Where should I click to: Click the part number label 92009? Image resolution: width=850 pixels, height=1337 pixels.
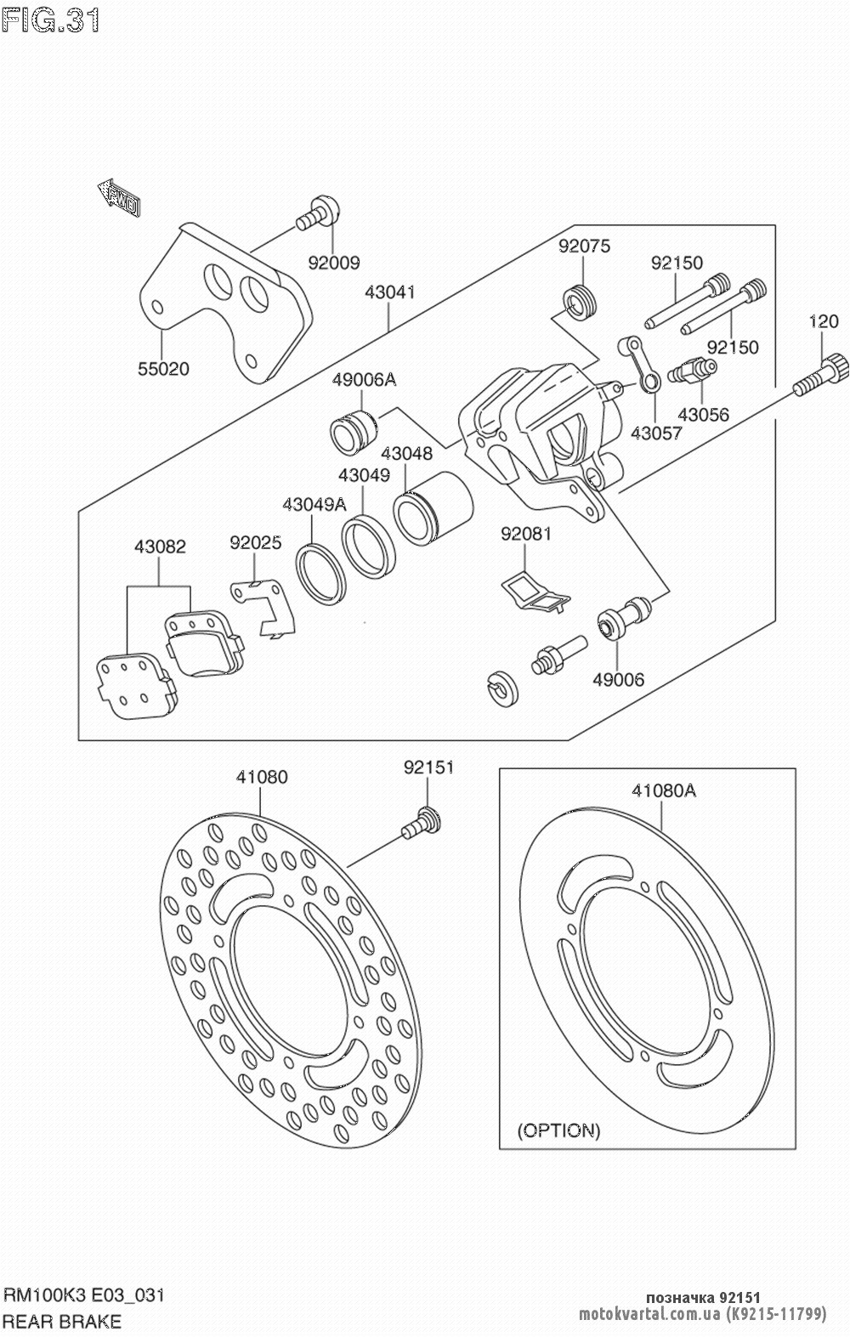point(334,263)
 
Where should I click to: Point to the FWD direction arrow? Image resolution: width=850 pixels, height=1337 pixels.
point(119,198)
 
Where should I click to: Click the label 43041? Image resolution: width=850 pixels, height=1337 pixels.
point(389,292)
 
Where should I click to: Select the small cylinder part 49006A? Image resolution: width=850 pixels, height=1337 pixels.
point(352,429)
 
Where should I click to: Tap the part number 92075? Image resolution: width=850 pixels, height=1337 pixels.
point(584,246)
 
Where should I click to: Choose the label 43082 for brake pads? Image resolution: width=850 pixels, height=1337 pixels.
point(159,547)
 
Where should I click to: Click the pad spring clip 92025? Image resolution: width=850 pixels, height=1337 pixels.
point(265,603)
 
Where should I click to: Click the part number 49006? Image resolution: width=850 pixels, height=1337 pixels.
point(618,680)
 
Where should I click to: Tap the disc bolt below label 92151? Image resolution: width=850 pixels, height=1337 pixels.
point(422,821)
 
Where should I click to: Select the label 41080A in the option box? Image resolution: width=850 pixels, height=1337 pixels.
point(663,791)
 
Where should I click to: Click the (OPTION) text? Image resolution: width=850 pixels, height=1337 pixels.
point(558,1130)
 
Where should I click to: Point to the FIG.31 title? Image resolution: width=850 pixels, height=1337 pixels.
point(51,20)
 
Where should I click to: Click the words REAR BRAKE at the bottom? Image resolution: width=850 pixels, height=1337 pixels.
point(63,1321)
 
